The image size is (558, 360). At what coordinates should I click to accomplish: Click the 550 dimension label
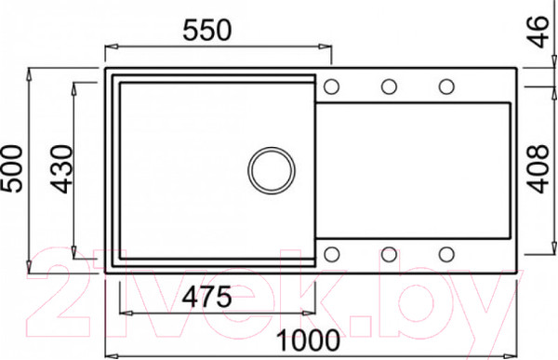coord(207,31)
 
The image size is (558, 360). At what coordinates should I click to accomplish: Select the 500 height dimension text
coord(12,168)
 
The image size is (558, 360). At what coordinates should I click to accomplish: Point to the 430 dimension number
coord(62,169)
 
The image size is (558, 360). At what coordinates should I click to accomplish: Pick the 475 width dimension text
coord(206,297)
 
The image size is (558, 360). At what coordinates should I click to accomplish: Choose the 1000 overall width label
coord(308,340)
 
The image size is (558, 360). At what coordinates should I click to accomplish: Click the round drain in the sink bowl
coord(272,170)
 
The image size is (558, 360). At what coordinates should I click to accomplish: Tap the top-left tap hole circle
coord(331,87)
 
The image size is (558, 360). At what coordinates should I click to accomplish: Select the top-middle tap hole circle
coord(389,87)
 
